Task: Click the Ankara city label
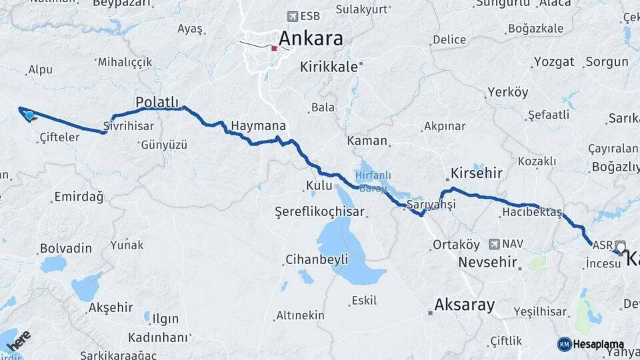coord(311,38)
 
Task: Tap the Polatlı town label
coord(157,102)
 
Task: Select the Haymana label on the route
coord(258,126)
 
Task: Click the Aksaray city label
coord(465,305)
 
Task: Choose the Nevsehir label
coord(488,263)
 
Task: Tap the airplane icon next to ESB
coord(292,16)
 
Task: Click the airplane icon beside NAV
coord(494,245)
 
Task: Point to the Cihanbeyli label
coord(317,259)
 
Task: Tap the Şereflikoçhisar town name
coord(319,212)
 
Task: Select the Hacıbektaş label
coord(532,213)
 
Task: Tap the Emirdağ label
coord(79,197)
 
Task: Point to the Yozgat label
coord(554,62)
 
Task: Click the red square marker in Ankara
coord(274,48)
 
